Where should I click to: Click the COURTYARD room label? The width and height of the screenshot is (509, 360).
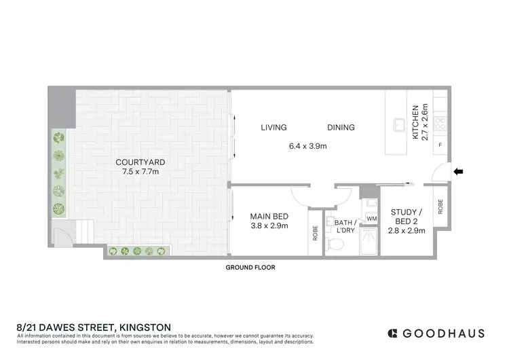140,162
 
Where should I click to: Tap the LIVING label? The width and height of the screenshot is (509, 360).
274,127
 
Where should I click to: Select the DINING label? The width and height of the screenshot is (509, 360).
341,127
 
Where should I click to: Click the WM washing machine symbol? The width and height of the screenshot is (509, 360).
371,219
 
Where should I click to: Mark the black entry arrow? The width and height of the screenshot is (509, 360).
459,172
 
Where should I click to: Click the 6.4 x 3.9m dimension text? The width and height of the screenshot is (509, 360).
309,145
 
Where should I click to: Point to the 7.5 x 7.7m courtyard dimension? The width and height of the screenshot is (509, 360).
140,172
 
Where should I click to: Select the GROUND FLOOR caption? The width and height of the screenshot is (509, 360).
250,268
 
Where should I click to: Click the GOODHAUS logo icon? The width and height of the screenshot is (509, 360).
392,333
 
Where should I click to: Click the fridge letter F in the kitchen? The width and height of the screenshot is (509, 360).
440,145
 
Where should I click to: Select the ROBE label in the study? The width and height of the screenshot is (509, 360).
440,206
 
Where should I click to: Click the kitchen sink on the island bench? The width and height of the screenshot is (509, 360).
399,124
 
